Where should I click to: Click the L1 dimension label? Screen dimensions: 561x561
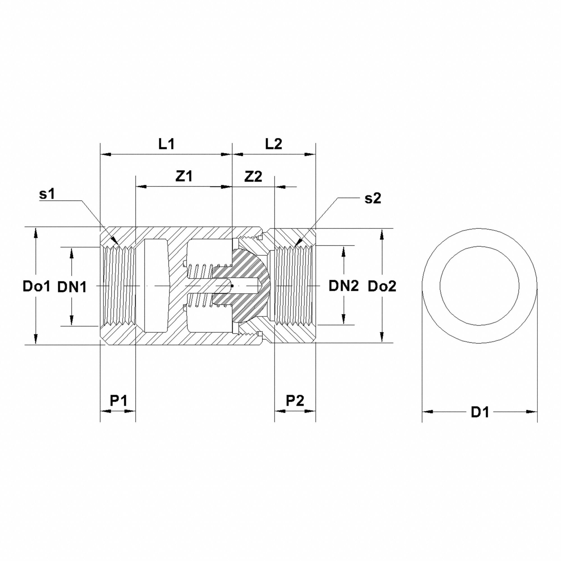pyautogui.click(x=166, y=144)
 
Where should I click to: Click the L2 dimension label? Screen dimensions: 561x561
pyautogui.click(x=273, y=144)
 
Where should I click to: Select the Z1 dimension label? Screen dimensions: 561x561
pyautogui.click(x=184, y=176)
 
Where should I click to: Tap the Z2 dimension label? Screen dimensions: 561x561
pyautogui.click(x=253, y=176)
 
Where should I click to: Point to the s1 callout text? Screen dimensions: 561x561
pyautogui.click(x=47, y=194)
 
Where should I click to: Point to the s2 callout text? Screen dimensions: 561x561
pyautogui.click(x=373, y=199)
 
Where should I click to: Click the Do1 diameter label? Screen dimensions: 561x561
pyautogui.click(x=36, y=287)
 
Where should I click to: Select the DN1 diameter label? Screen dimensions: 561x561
pyautogui.click(x=72, y=287)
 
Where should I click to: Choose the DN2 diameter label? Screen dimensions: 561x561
pyautogui.click(x=344, y=286)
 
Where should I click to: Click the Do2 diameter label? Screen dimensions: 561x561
pyautogui.click(x=382, y=287)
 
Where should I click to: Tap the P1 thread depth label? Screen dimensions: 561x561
pyautogui.click(x=118, y=401)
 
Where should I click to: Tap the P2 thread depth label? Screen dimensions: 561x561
pyautogui.click(x=295, y=401)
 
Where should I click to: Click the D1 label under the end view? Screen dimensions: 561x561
pyautogui.click(x=480, y=412)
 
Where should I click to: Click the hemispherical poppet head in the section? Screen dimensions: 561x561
pyautogui.click(x=256, y=286)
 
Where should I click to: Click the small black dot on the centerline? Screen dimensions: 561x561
pyautogui.click(x=232, y=286)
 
